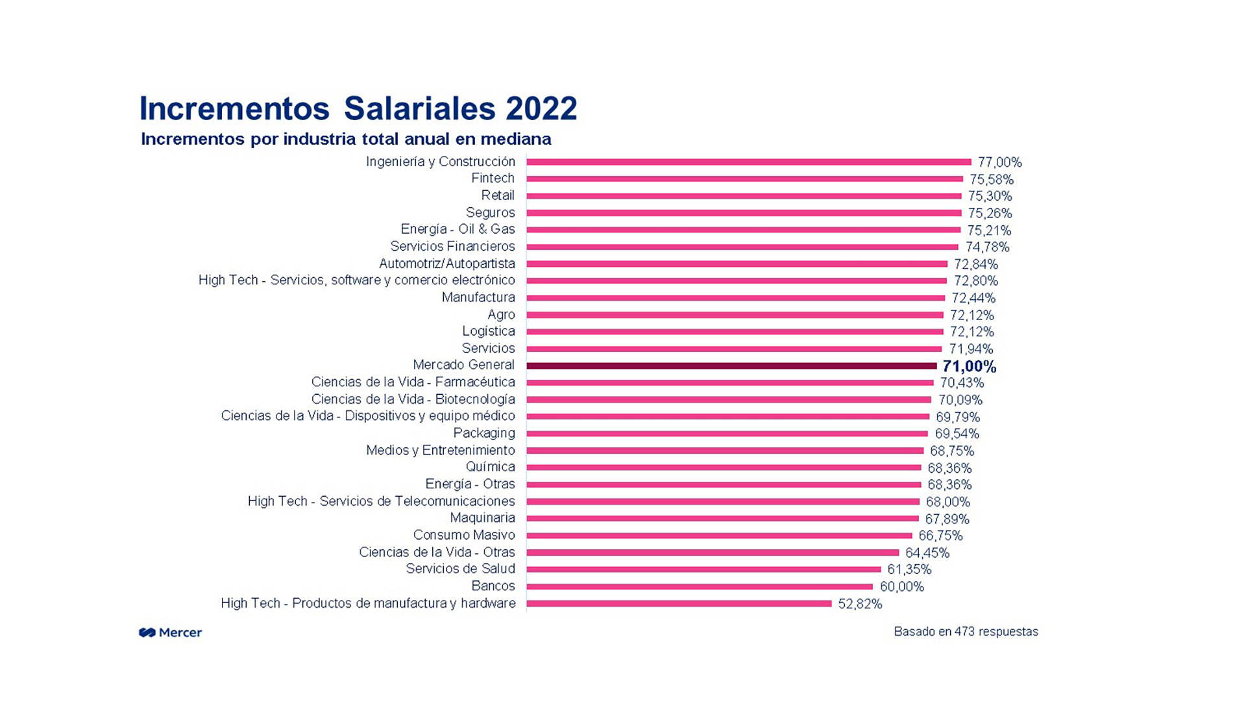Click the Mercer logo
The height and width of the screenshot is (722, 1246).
170,632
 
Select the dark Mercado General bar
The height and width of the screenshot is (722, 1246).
731,366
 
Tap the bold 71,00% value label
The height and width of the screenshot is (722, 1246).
969,367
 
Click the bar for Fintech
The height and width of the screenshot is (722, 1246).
744,179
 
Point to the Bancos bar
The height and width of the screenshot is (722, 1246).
700,586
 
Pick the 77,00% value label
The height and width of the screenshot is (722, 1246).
999,162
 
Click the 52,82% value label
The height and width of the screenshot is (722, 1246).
860,604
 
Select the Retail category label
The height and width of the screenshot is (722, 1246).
498,195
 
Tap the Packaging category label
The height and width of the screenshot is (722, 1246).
484,433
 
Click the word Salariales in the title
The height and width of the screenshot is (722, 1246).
419,108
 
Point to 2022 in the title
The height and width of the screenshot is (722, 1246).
541,108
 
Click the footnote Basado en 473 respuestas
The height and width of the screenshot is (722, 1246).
966,632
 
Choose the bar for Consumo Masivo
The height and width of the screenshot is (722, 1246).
719,536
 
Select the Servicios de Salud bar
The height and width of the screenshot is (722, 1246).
703,569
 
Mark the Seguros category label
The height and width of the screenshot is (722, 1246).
490,212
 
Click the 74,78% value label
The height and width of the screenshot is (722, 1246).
987,247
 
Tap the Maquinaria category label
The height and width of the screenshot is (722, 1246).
482,518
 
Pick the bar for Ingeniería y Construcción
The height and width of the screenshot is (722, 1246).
748,162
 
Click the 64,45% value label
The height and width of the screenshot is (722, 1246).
927,553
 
